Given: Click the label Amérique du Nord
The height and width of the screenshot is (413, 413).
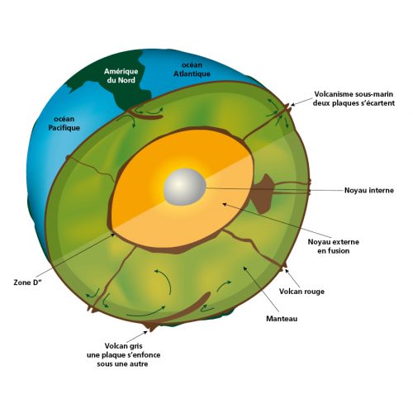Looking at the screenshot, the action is [x=121, y=76].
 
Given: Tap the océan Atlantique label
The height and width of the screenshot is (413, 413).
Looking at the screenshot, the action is [x=192, y=69].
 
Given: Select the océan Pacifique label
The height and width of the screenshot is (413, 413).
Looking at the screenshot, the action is [x=64, y=123].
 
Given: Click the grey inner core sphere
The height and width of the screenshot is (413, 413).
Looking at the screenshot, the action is [x=185, y=187].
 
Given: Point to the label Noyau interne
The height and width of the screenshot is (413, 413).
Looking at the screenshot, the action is [x=369, y=190].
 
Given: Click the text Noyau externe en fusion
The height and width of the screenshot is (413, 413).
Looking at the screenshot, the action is [x=334, y=246].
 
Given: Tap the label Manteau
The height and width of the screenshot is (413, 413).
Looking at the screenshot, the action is [x=282, y=319].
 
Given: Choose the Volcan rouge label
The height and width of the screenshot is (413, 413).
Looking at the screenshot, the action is [x=301, y=292].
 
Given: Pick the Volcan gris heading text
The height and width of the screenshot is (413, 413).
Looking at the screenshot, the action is [x=123, y=346].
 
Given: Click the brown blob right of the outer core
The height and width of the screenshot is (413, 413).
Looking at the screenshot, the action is [x=262, y=193].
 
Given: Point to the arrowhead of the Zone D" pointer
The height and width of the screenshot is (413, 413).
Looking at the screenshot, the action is [x=113, y=235].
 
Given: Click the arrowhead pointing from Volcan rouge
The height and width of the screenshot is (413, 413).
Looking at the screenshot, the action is [x=287, y=271].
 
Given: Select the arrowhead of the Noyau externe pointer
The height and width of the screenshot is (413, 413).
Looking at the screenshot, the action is [x=224, y=204].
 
